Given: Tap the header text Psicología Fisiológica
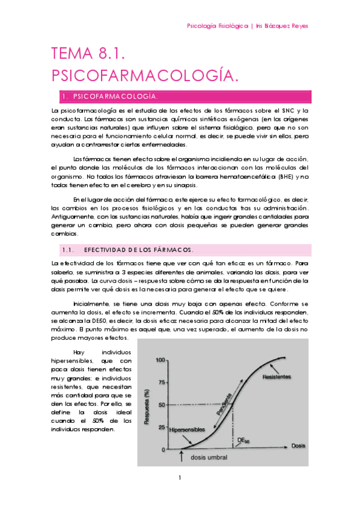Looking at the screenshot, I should point(218,26).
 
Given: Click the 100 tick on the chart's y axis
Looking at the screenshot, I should point(160,360).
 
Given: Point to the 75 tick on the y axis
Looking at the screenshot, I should point(162,382).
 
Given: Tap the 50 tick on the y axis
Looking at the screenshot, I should point(162,405).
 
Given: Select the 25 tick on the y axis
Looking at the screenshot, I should point(162,427).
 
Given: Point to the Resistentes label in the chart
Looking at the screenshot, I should point(276,377).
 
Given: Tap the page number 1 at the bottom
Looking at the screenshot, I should point(180,478).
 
